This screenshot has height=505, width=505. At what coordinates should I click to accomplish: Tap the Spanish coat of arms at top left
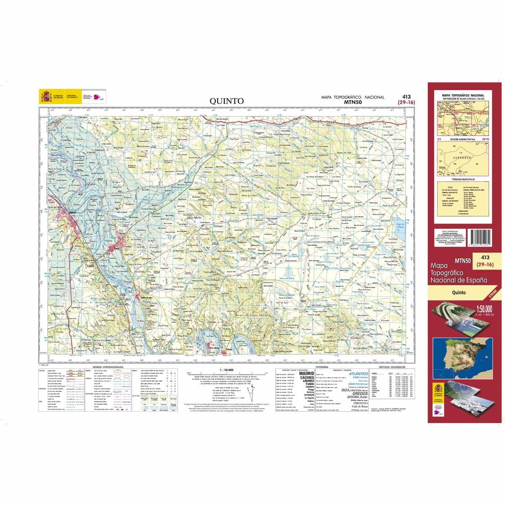[46, 96]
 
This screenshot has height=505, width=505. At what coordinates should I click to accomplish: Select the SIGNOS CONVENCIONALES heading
[108, 367]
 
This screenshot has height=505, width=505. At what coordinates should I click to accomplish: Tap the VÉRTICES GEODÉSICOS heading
[391, 367]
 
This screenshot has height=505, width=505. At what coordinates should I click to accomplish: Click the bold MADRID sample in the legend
[306, 373]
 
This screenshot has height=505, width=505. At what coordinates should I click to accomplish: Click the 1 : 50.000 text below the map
[226, 370]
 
